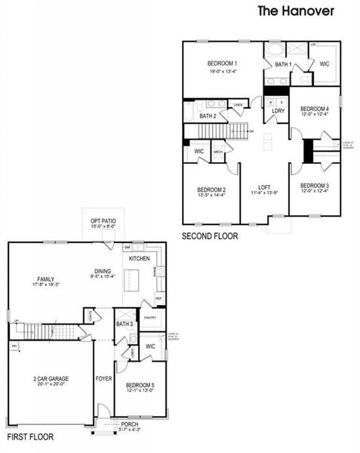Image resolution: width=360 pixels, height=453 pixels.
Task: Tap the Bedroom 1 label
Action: pos(223,63)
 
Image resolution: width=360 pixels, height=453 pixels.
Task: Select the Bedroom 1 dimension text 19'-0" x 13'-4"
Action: pos(223,72)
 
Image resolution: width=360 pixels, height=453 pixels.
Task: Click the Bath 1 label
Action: pos(283,65)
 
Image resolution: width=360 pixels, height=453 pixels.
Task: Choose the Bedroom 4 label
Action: pos(315,108)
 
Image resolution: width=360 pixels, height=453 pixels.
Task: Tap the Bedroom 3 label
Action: pos(314,186)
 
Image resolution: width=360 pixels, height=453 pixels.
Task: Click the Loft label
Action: pos(264,186)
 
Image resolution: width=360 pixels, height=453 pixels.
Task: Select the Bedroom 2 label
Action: pos(211,190)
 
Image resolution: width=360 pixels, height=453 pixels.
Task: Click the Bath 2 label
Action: pos(208,116)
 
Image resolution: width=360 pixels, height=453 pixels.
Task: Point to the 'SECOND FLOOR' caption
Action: pos(210,236)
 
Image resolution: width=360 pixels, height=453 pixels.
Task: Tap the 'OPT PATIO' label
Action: pos(103,220)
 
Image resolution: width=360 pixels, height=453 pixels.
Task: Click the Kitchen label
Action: pos(140,258)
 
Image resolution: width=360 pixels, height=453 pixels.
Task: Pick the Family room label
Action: pos(46,279)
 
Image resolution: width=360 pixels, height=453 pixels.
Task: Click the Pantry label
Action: pos(150,318)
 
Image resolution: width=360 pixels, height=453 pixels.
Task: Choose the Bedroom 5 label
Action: pos(140,386)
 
